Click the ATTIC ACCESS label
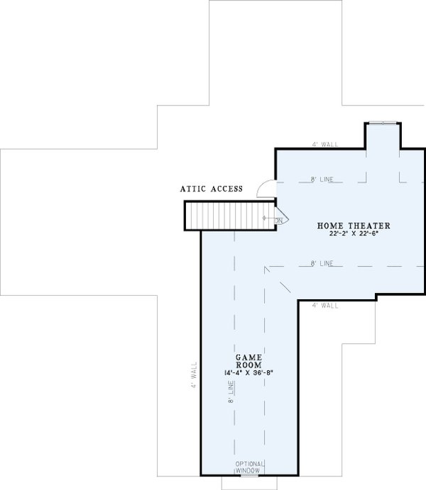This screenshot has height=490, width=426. [212, 189]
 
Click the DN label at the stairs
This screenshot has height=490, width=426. [279, 221]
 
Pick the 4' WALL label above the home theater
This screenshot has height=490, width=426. [324, 144]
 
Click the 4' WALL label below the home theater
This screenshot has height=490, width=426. [324, 306]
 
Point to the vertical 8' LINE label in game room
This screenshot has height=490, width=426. [230, 391]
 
